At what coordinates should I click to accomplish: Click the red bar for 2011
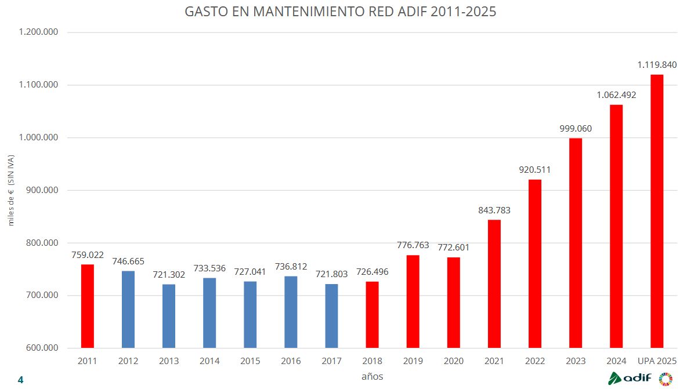[88, 306]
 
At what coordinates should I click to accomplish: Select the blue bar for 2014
[209, 313]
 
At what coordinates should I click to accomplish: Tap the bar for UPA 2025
[657, 211]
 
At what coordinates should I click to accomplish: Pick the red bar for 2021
[494, 284]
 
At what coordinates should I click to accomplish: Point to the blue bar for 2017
[331, 316]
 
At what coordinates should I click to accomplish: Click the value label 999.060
[575, 129]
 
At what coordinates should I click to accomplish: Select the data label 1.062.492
[616, 95]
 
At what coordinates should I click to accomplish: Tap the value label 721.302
[169, 274]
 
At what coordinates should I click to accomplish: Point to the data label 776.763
[413, 245]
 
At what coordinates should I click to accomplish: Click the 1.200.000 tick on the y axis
[39, 32]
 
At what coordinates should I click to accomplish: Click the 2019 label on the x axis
[413, 361]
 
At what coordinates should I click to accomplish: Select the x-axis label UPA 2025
[657, 361]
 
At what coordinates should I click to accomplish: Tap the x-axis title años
[372, 376]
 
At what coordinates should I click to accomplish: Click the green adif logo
[630, 378]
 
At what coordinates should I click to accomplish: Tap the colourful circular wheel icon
[666, 379]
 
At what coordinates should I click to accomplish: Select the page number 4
[21, 380]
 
